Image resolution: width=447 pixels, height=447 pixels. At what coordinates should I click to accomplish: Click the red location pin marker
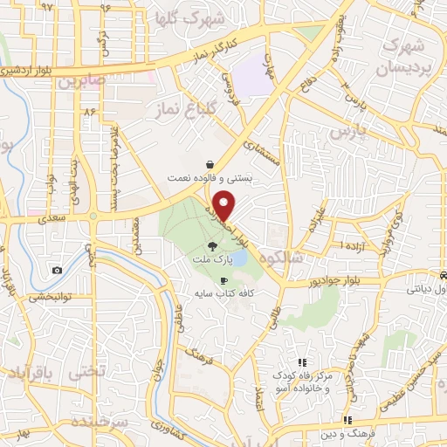click(225, 204)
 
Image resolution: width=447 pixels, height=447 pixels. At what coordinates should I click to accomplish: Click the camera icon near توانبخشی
click(57, 270)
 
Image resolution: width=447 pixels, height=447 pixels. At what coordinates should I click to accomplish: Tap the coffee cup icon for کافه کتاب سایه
click(224, 280)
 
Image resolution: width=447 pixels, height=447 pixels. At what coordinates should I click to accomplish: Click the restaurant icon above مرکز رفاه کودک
click(302, 362)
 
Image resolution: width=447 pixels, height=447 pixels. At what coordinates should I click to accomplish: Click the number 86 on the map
click(87, 112)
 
